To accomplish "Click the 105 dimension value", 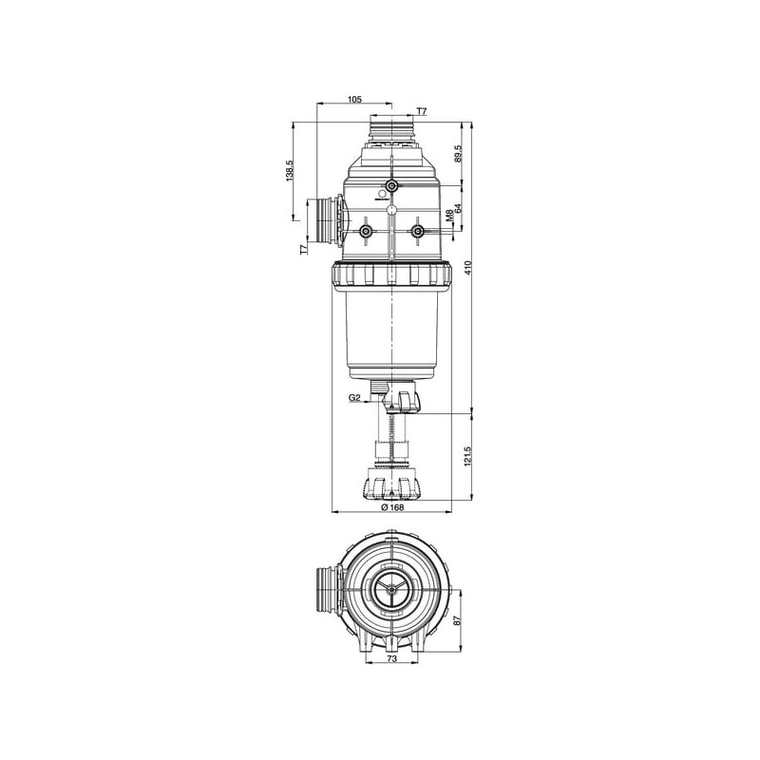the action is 354,100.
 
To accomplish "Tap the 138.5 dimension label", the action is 290,171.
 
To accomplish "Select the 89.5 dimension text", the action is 459,154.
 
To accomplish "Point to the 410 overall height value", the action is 468,268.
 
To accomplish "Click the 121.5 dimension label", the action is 468,456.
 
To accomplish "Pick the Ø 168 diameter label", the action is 392,507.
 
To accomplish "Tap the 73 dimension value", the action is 392,658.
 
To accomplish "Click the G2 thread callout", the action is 354,398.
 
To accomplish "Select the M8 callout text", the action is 449,216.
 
